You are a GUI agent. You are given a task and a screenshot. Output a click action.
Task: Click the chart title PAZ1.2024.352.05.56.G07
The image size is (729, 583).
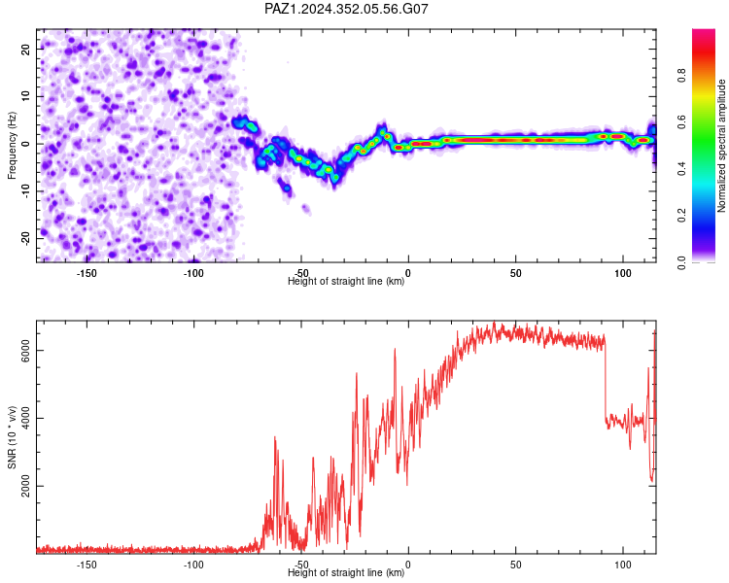tap(346, 9)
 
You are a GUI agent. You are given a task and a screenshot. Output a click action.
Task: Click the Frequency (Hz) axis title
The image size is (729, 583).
tap(12, 146)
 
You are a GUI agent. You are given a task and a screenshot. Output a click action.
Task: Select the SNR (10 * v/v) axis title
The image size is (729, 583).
tap(12, 437)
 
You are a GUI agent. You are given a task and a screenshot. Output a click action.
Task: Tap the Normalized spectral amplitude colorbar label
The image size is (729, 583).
tap(721, 146)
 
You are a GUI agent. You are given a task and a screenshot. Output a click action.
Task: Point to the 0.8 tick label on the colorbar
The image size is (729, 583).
tap(681, 75)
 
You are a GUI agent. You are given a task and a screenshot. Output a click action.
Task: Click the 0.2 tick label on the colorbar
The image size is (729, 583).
tap(681, 216)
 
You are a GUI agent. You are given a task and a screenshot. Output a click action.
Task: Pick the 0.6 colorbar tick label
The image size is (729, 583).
tap(681, 121)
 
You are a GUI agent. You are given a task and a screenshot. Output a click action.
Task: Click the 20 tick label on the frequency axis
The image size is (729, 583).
tap(25, 50)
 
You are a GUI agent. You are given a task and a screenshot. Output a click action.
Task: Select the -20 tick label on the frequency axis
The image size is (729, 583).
tap(25, 238)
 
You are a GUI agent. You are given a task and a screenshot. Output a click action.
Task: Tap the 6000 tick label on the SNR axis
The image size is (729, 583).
tap(25, 351)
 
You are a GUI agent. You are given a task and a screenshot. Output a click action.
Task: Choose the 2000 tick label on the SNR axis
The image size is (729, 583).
tap(25, 486)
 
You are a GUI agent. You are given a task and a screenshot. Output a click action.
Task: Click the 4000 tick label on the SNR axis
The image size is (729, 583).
tap(25, 419)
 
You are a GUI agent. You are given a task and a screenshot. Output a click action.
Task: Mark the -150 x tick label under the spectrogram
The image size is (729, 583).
tap(87, 273)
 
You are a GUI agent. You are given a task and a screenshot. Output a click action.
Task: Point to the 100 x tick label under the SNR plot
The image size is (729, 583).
tap(623, 565)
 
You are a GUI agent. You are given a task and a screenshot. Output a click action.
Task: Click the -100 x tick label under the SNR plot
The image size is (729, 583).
tap(193, 565)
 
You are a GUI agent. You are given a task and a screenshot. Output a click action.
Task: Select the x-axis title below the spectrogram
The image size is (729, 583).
tap(346, 281)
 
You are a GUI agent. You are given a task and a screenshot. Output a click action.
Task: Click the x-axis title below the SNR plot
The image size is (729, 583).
tap(346, 572)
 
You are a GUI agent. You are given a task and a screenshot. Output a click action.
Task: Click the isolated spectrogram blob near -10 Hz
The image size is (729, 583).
tap(287, 188)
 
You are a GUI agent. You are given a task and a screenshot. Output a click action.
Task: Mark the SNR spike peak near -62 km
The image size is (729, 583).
tap(275, 437)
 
